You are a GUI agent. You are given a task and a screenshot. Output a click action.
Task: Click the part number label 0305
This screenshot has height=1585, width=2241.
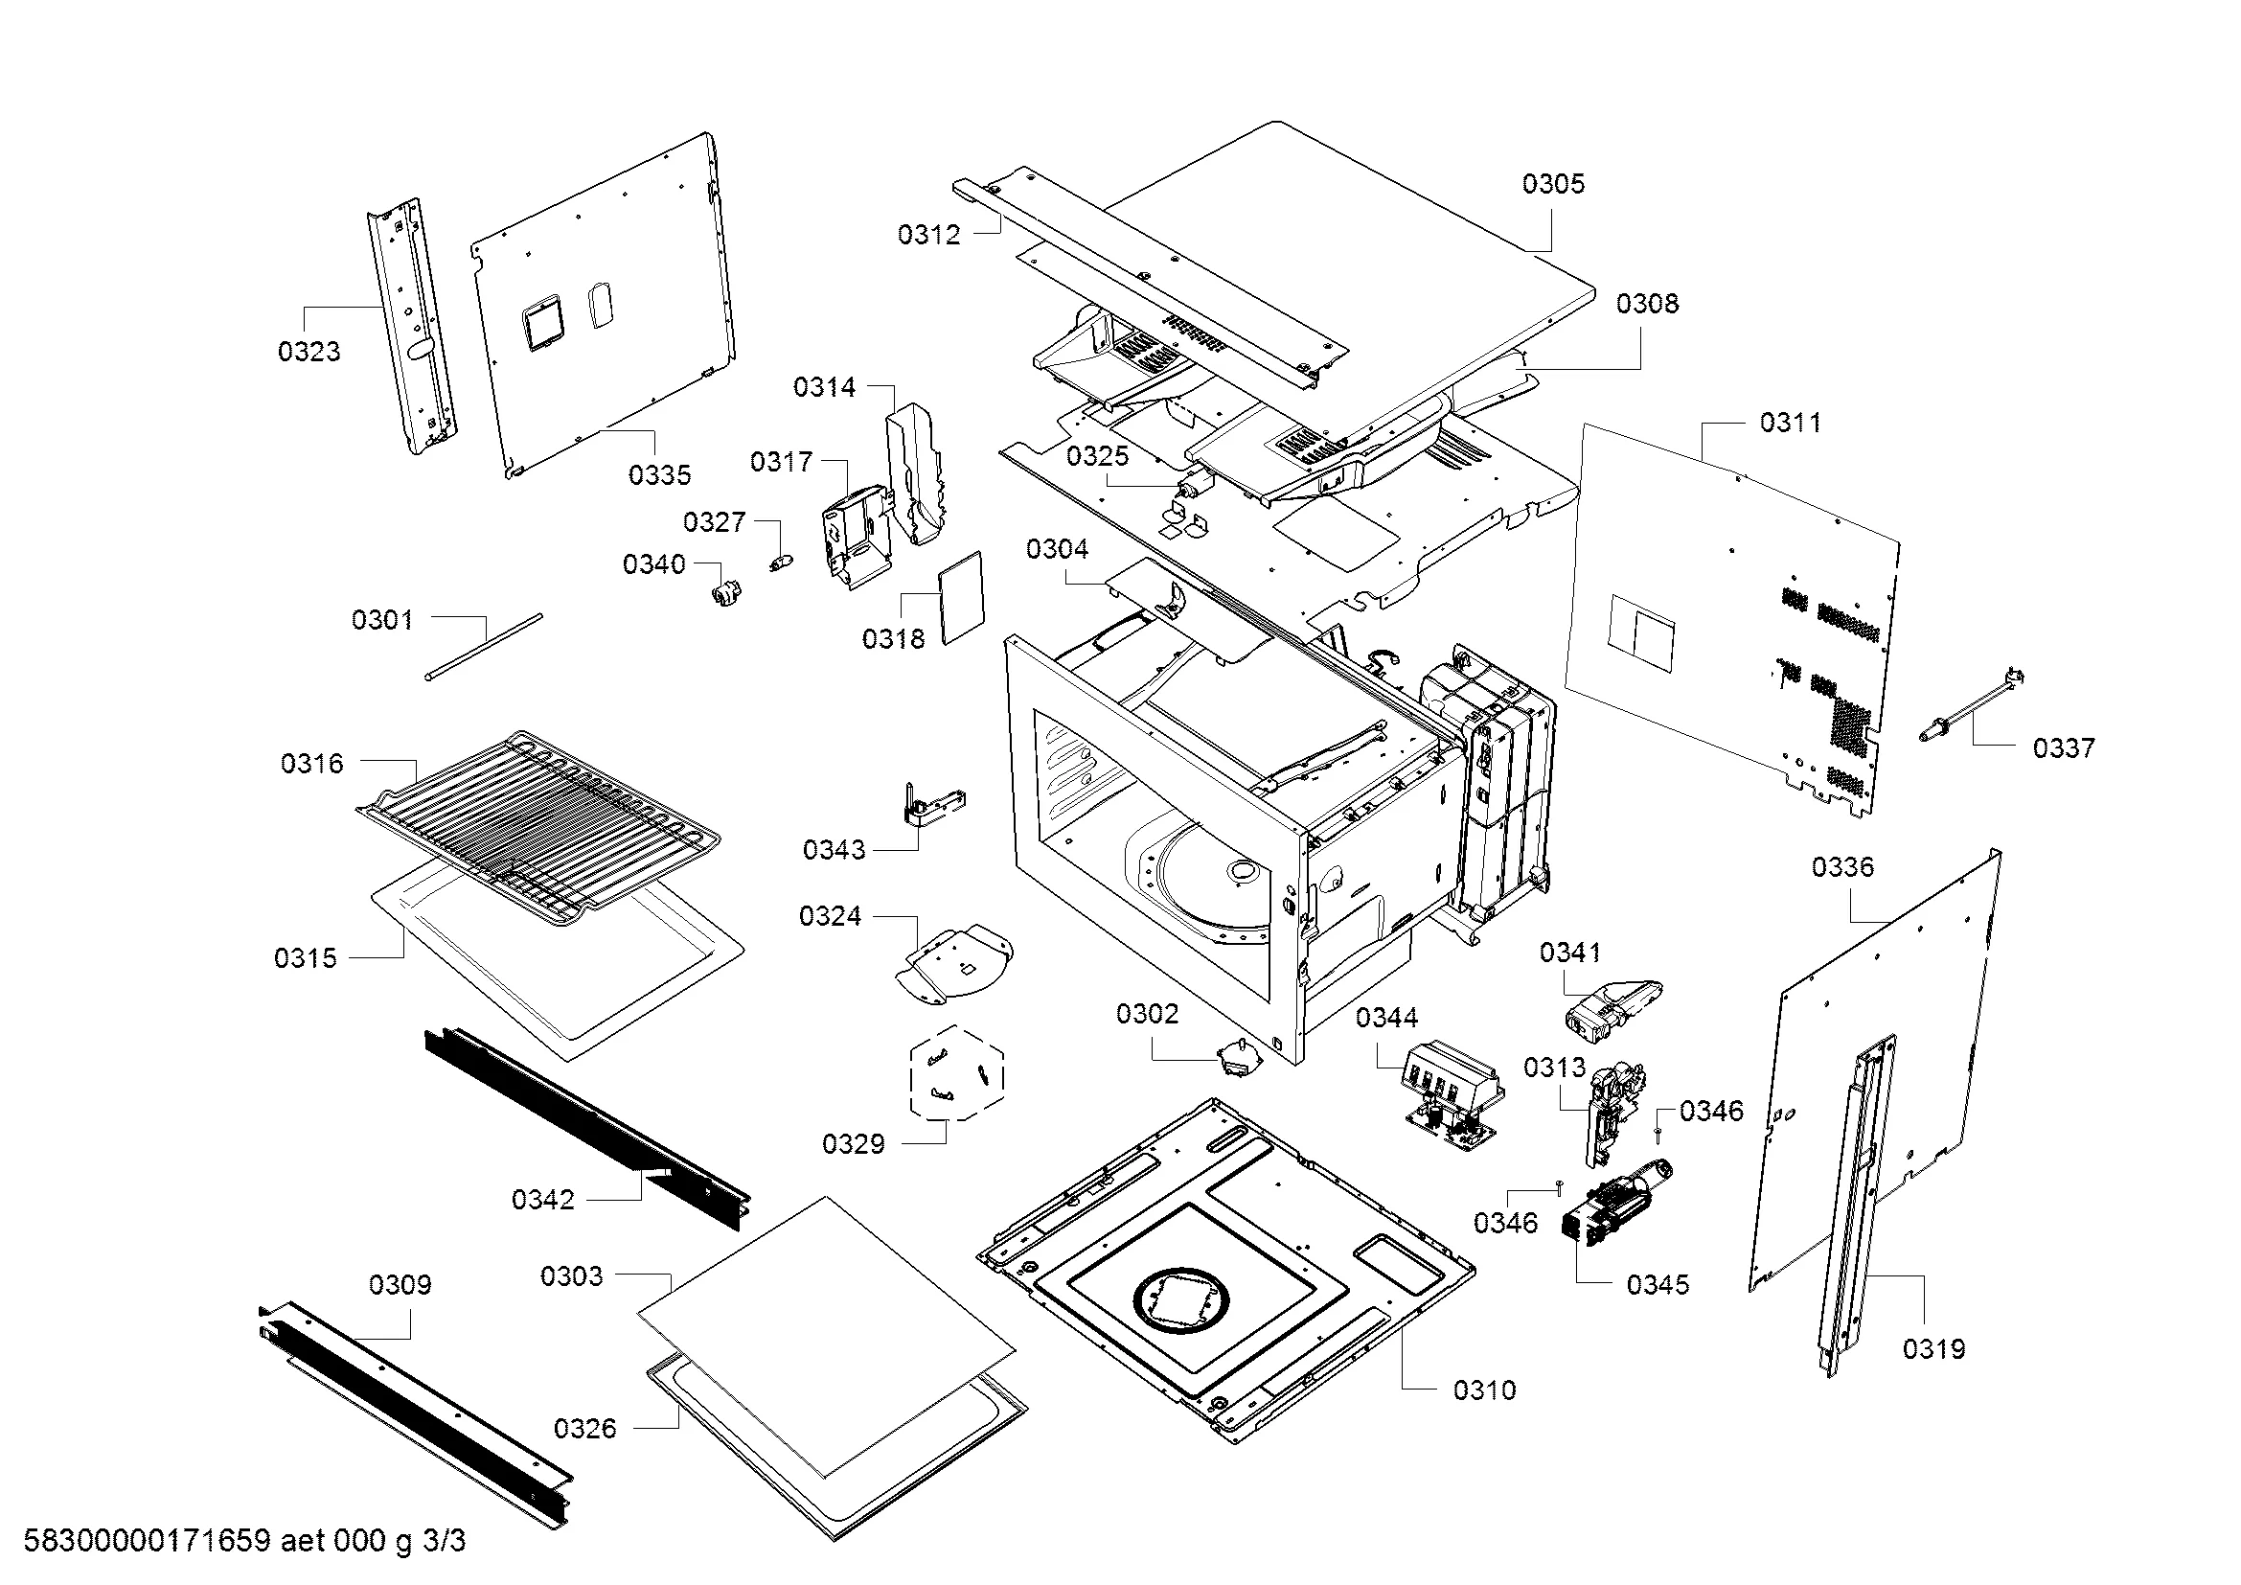1553,183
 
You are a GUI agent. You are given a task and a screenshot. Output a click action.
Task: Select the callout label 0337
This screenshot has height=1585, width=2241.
2064,748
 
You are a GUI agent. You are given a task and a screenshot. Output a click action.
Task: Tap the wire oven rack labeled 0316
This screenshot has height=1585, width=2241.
537,820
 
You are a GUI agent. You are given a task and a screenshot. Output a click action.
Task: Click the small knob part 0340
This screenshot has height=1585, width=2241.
725,591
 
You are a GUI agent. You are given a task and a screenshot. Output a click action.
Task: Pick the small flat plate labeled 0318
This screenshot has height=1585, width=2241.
961,597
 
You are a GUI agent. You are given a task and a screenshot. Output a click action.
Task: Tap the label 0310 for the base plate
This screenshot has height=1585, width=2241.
1483,1390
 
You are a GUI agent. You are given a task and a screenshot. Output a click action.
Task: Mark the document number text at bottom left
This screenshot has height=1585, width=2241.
244,1541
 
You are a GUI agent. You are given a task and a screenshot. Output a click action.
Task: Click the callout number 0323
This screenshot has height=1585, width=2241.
309,352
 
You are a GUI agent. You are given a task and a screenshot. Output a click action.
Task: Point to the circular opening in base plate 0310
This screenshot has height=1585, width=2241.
1181,1305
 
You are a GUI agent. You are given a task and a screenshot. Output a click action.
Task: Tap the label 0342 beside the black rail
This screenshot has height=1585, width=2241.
542,1200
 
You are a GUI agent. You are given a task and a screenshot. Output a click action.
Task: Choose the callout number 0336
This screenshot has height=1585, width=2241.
1841,866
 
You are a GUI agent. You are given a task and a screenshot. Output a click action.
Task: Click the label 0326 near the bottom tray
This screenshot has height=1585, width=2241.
584,1429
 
